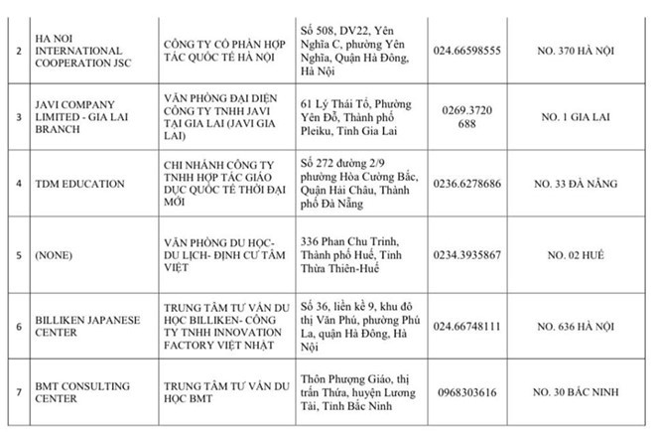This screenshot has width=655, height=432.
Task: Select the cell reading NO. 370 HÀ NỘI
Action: (x=589, y=50)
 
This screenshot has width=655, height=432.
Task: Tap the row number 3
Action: (x=13, y=117)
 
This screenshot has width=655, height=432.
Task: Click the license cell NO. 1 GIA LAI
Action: (x=589, y=117)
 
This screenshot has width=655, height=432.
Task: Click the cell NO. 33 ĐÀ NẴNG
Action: (x=589, y=184)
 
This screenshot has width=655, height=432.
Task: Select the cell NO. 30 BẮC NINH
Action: (x=589, y=392)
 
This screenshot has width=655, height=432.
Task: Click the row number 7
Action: (x=13, y=392)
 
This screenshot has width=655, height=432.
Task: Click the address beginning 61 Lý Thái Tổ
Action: (x=359, y=117)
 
